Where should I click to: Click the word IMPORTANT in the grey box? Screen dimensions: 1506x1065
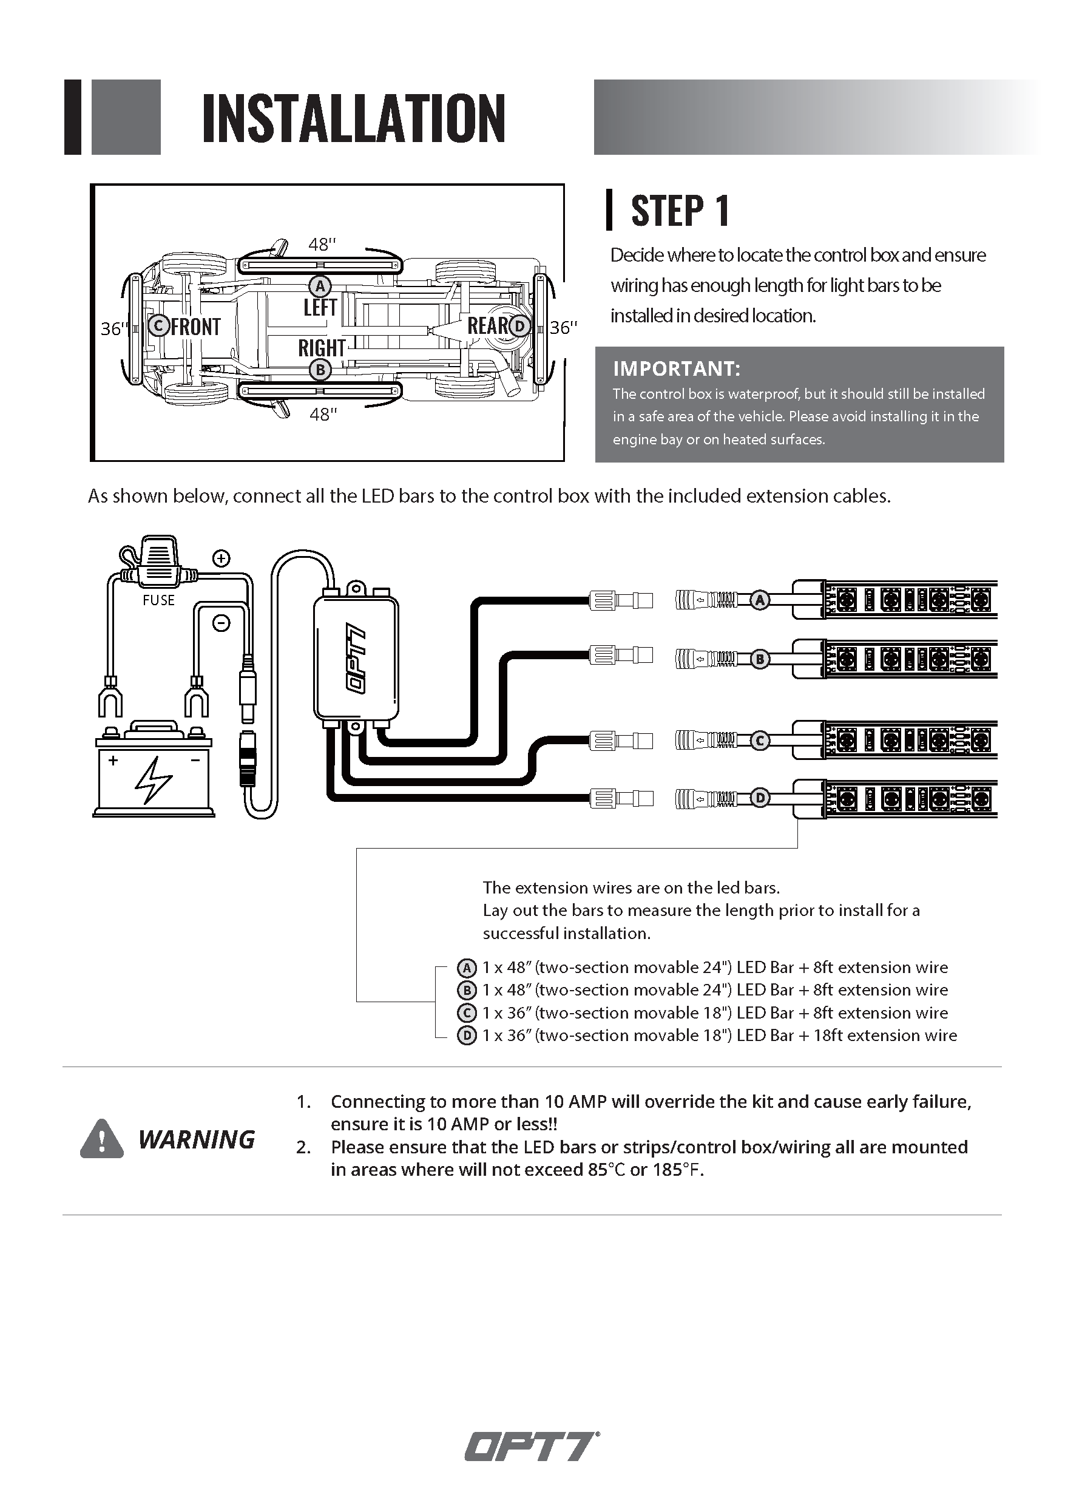click(676, 368)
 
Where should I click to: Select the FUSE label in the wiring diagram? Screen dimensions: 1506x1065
click(159, 600)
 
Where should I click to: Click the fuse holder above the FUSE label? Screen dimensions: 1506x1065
click(159, 563)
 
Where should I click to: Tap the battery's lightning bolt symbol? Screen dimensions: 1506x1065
click(153, 781)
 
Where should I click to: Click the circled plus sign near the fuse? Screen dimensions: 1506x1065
click(221, 559)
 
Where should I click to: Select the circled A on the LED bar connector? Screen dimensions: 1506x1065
click(760, 600)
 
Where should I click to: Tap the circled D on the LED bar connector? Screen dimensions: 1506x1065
click(760, 798)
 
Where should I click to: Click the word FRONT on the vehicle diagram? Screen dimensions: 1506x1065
click(195, 327)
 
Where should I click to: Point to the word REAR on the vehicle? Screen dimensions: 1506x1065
click(487, 325)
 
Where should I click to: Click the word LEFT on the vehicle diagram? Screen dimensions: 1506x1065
click(320, 308)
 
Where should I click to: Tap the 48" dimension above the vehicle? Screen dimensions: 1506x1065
click(322, 245)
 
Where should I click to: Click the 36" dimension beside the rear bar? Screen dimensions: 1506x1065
click(563, 327)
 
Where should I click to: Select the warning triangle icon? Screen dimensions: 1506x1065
click(102, 1139)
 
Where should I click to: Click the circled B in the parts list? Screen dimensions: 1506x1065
click(466, 991)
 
